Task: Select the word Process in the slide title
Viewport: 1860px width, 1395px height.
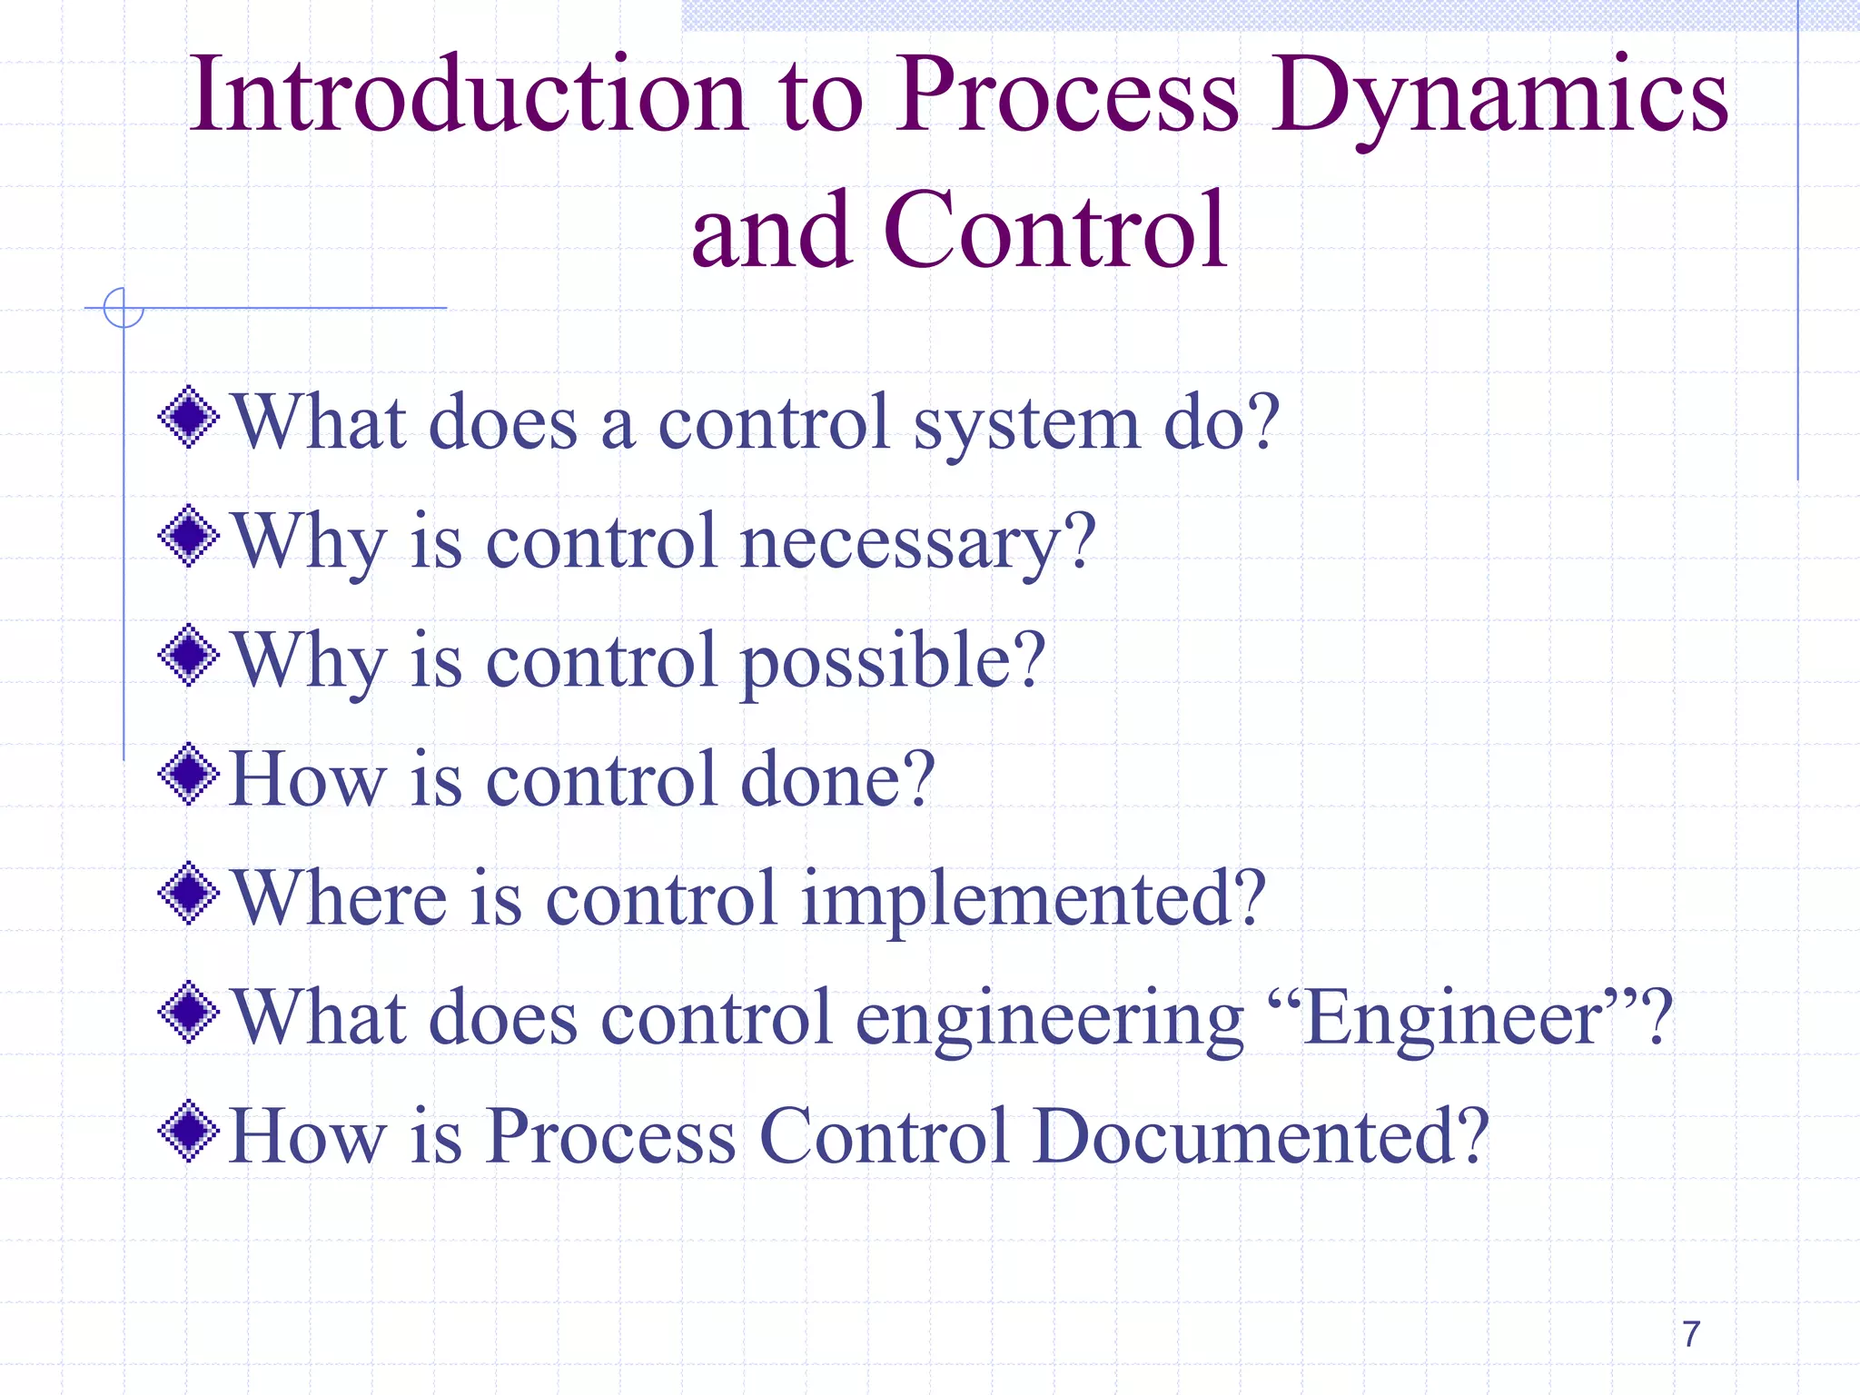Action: [x=1068, y=95]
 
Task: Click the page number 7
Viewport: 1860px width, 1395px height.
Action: [x=1690, y=1334]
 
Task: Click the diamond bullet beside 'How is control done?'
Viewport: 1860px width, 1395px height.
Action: [x=189, y=775]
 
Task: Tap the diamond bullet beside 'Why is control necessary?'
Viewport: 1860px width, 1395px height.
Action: [x=189, y=536]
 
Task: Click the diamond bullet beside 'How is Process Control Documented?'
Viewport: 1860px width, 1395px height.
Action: [x=189, y=1132]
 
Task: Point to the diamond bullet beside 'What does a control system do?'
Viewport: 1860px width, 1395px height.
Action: [x=189, y=418]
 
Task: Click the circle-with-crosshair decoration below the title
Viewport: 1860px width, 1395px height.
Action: [x=124, y=308]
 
